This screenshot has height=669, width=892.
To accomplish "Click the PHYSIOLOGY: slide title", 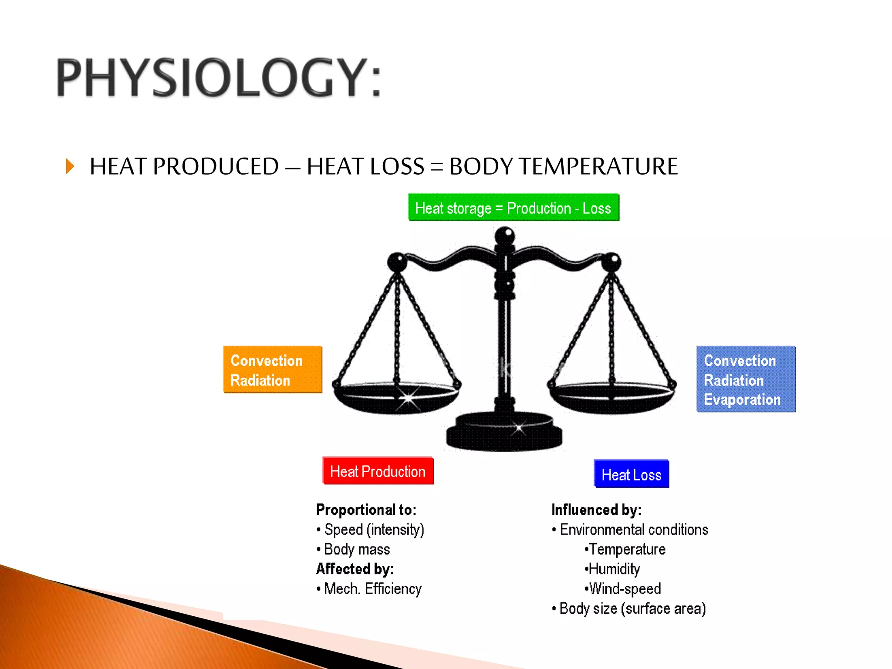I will [219, 78].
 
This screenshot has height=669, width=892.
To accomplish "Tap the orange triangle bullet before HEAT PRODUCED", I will [70, 166].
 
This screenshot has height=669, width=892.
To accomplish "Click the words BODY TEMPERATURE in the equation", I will [563, 166].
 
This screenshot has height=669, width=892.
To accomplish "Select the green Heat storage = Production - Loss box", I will [514, 208].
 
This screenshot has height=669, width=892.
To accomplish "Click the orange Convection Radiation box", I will [273, 370].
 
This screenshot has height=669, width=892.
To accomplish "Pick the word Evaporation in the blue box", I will [742, 400].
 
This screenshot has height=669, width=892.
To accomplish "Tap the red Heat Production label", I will [378, 471].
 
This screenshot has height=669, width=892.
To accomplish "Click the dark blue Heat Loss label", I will [631, 474].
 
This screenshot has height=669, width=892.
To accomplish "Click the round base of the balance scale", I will [504, 433].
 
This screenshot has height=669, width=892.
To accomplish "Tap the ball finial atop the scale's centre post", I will [505, 236].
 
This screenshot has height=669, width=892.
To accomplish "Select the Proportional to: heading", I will [366, 510].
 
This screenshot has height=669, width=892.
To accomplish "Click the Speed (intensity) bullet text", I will [374, 530].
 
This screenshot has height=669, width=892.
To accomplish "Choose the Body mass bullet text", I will [357, 549].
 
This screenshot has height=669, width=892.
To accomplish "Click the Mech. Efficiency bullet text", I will [372, 589].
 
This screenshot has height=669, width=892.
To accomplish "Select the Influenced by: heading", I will [596, 510].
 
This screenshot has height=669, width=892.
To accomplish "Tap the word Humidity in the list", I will [614, 569].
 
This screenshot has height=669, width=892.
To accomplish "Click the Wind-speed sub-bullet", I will [624, 589].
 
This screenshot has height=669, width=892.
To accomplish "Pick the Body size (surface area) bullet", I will [632, 608].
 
